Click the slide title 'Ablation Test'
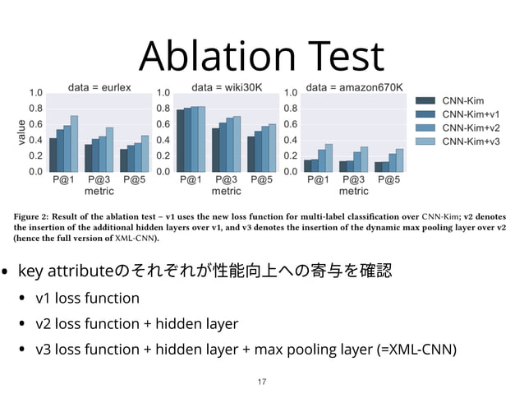pyautogui.click(x=261, y=56)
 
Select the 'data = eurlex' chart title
pyautogui.click(x=99, y=86)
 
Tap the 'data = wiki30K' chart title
pyautogui.click(x=226, y=86)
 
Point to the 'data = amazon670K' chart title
pyautogui.click(x=354, y=86)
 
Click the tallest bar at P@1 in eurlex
pyautogui.click(x=75, y=145)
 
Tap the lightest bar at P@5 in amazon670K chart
pyautogui.click(x=400, y=161)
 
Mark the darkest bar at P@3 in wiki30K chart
pyautogui.click(x=216, y=151)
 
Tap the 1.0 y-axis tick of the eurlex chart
pyautogui.click(x=36, y=93)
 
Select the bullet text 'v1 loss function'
pyautogui.click(x=87, y=298)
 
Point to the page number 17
pyautogui.click(x=262, y=382)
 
